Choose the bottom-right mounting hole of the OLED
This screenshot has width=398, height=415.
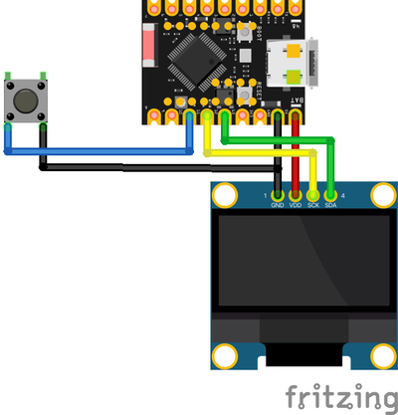pos(380,354)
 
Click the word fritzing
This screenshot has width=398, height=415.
pos(337,398)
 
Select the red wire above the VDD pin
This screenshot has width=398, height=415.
pos(296,149)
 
